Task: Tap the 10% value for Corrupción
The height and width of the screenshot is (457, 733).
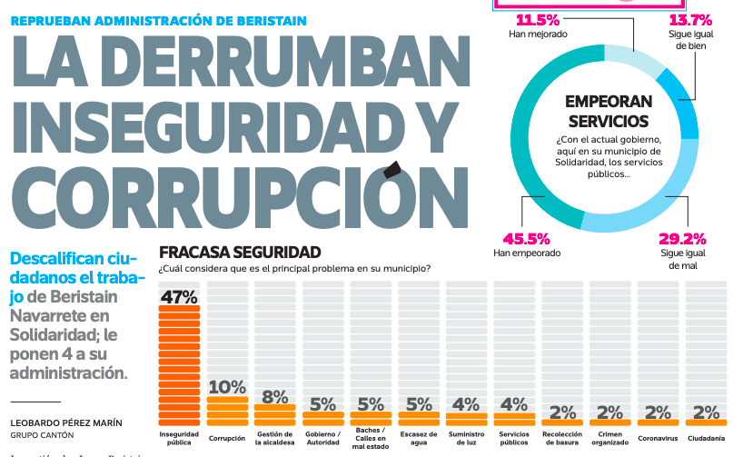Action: click(x=227, y=387)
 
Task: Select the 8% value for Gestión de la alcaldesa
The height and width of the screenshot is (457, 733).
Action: click(x=274, y=396)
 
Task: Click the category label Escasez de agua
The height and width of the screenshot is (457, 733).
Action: click(x=419, y=438)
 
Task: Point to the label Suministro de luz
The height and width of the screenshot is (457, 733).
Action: click(x=466, y=438)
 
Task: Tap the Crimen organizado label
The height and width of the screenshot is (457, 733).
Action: click(x=609, y=438)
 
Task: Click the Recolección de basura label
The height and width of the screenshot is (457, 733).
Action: click(x=561, y=438)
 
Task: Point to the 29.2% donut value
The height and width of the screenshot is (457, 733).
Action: click(x=682, y=239)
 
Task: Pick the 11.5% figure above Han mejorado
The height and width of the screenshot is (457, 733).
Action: click(x=539, y=19)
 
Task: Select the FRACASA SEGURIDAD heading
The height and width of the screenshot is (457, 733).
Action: click(x=240, y=252)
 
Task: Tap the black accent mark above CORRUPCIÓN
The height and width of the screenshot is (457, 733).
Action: click(x=392, y=168)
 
